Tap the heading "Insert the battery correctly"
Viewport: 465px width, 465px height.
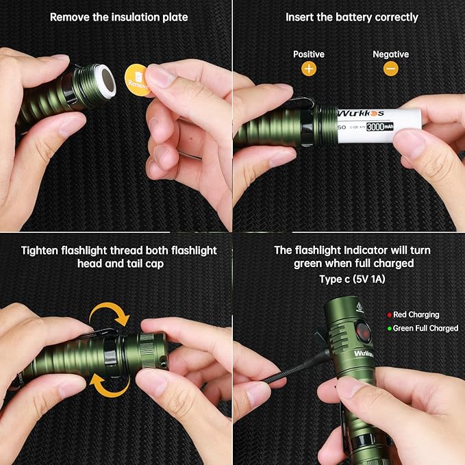[x=351, y=16]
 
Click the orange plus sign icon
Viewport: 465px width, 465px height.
[x=308, y=68]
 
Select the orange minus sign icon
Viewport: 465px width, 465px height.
[x=390, y=68]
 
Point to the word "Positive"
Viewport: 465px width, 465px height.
[x=309, y=54]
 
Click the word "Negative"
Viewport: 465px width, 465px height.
[x=390, y=54]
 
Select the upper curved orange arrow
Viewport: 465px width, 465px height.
[x=111, y=315]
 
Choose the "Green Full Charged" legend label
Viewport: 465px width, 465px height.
[x=425, y=329]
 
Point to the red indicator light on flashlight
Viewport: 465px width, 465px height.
[x=363, y=332]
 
